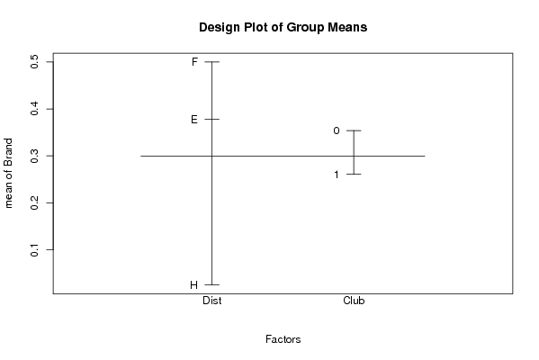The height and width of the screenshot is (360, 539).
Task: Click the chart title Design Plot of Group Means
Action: point(283,27)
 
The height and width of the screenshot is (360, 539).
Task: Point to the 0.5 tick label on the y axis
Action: point(35,62)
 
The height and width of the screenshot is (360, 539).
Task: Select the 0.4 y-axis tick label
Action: point(35,109)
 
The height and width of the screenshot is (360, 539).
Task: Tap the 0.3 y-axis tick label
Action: point(35,156)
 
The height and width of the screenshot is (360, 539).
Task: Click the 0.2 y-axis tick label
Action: point(35,202)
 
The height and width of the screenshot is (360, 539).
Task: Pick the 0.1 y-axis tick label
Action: point(35,250)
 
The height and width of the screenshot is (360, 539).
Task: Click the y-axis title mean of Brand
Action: point(8,174)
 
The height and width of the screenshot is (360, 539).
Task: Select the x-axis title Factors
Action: point(283,339)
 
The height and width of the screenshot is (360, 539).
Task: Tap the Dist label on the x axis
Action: point(212,301)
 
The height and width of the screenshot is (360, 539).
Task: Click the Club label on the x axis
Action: point(354,301)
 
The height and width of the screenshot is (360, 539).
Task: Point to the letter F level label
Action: point(194,62)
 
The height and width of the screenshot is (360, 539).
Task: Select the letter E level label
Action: point(194,120)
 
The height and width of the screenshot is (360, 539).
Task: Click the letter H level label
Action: point(193,285)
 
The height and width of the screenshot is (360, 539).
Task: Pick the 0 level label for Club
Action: point(337,130)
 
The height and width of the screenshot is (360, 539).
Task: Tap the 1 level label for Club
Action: point(337,175)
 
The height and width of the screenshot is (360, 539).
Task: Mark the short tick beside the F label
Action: point(212,62)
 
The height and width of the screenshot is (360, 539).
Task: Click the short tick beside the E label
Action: point(212,120)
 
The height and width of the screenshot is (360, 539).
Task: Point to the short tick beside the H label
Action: point(212,284)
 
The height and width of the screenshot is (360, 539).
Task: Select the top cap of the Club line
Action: point(354,130)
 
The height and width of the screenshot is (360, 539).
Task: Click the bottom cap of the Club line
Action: point(354,175)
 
